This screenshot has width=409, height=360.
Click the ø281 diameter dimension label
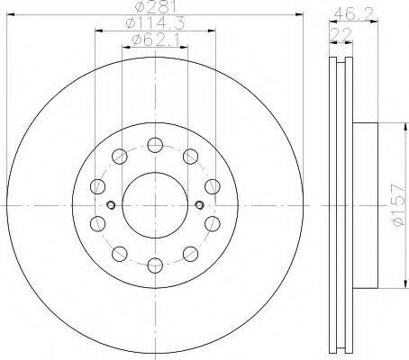click(155, 6)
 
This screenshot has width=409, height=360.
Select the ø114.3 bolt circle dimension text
click(155, 23)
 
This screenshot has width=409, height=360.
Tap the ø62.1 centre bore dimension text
click(156, 40)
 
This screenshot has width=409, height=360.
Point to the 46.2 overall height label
click(353, 13)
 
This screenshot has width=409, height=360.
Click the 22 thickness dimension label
click(341, 34)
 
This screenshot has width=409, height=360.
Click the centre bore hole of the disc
click(155, 205)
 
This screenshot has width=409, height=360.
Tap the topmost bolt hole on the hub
click(155, 145)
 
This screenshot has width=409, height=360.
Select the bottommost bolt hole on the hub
click(155, 265)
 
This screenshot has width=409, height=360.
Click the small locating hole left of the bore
click(111, 205)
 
